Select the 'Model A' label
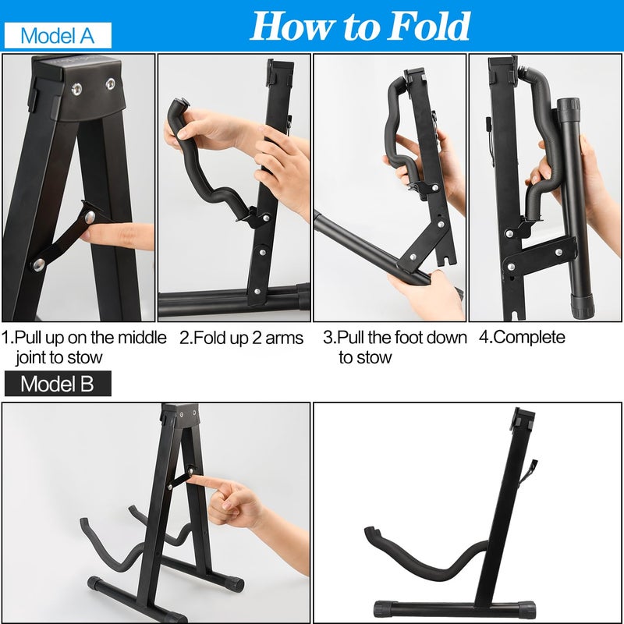[57, 35]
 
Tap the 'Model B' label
[57, 383]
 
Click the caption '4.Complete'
[522, 338]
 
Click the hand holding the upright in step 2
[285, 168]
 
